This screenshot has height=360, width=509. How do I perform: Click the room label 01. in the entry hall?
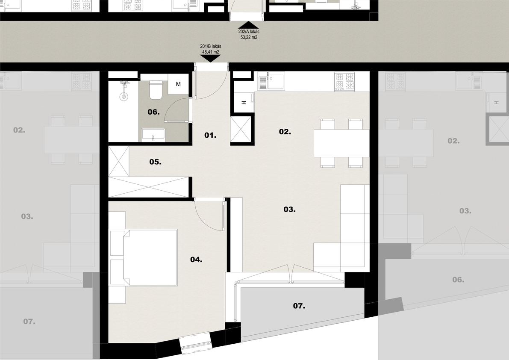[x=210, y=136]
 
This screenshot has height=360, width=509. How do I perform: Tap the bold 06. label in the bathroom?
[x=153, y=112]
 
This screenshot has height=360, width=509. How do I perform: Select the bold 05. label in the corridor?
[x=155, y=162]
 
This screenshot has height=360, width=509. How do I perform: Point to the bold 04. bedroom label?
[x=196, y=260]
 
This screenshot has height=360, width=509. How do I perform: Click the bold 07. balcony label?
[x=299, y=306]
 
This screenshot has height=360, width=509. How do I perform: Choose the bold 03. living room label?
[x=290, y=210]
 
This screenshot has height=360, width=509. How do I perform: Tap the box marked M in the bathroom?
[x=178, y=84]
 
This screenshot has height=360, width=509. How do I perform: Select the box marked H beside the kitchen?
[x=244, y=103]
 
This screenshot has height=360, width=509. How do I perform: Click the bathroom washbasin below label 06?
[x=153, y=135]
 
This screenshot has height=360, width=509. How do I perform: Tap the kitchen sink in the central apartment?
[x=271, y=81]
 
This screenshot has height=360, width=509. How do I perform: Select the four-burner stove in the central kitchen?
[x=345, y=82]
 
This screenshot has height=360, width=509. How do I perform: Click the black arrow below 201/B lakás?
[x=210, y=59]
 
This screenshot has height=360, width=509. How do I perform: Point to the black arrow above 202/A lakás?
[x=249, y=25]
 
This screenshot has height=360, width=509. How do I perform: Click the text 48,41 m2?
[x=211, y=52]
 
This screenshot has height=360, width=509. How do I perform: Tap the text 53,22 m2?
[x=249, y=37]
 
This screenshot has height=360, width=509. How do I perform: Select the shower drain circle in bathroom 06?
[x=124, y=96]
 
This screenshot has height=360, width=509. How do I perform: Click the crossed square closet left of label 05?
[x=119, y=161]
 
